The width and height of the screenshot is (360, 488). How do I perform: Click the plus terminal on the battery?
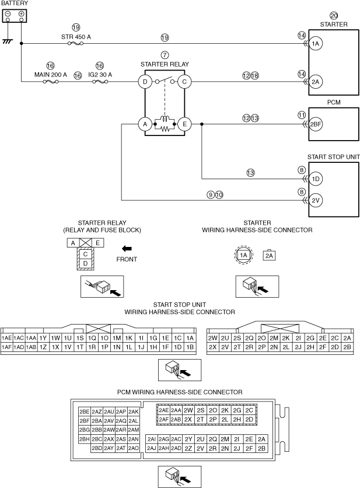(21, 13)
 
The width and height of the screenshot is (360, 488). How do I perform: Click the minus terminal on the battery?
(8, 13)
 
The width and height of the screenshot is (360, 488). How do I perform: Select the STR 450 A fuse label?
(76, 37)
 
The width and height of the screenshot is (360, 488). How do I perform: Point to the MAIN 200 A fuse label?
(50, 75)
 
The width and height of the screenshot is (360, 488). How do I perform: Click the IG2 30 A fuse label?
(100, 75)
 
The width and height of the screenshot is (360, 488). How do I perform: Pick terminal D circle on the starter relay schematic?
(145, 82)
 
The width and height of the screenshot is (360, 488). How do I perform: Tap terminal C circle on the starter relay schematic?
(184, 82)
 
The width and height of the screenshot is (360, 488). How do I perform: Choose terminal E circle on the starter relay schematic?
(184, 124)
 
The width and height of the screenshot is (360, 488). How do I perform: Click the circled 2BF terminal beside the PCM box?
(316, 124)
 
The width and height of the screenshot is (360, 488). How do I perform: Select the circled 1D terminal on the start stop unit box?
(316, 179)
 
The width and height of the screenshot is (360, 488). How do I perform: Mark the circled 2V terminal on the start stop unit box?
(316, 200)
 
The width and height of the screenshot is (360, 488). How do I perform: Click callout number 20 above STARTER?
(334, 16)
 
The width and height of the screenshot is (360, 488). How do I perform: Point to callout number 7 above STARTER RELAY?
(165, 55)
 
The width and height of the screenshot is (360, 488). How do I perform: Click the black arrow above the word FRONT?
(127, 249)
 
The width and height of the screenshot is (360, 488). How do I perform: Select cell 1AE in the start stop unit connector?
(6, 338)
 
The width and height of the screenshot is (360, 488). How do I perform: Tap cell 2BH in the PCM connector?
(85, 439)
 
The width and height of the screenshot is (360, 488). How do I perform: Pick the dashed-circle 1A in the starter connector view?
(243, 255)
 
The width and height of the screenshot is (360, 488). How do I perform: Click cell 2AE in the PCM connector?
(164, 410)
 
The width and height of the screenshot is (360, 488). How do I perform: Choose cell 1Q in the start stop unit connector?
(92, 338)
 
